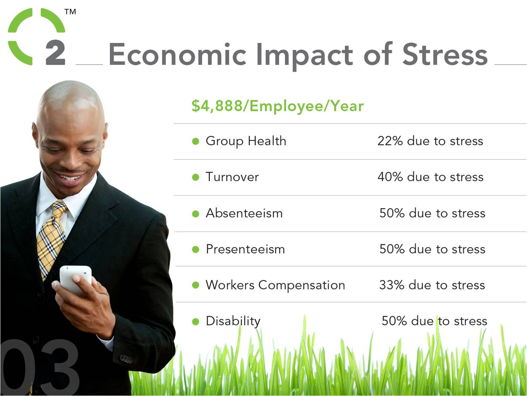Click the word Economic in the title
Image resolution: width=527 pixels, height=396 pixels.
[x=178, y=54]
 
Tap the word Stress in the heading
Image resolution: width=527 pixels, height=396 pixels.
[x=445, y=54]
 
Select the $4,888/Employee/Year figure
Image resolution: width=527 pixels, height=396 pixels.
[x=277, y=106]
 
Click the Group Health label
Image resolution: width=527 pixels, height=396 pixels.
[x=246, y=141]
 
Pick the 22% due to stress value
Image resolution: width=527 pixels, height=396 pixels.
[x=430, y=141]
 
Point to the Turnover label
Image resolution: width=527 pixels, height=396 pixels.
[x=232, y=177]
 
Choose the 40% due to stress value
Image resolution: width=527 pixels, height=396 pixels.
[x=431, y=177]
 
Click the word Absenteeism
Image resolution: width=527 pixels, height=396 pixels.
[x=244, y=213]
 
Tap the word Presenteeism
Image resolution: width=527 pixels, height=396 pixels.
[x=246, y=249]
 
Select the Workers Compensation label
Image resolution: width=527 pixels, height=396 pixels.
[x=276, y=285]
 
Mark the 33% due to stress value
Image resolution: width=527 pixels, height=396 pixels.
[x=432, y=285]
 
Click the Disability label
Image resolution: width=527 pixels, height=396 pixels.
[x=233, y=321]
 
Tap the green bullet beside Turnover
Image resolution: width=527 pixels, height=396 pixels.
[x=196, y=177]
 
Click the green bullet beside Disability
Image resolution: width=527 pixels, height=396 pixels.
[x=196, y=321]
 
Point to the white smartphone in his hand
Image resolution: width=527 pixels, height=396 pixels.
[x=75, y=280]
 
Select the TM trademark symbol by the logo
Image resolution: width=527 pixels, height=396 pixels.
[x=70, y=12]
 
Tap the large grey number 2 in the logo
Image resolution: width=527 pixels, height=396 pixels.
[x=56, y=53]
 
